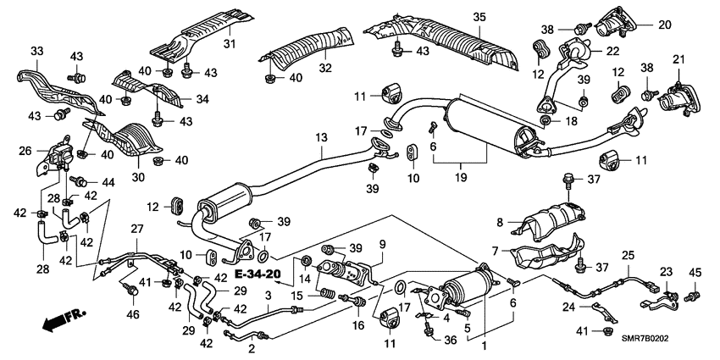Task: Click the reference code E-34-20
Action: (260, 274)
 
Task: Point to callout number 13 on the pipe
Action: (320, 137)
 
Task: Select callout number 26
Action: (25, 151)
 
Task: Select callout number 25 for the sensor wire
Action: (628, 255)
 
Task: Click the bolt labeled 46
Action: (131, 292)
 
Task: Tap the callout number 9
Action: (382, 245)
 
